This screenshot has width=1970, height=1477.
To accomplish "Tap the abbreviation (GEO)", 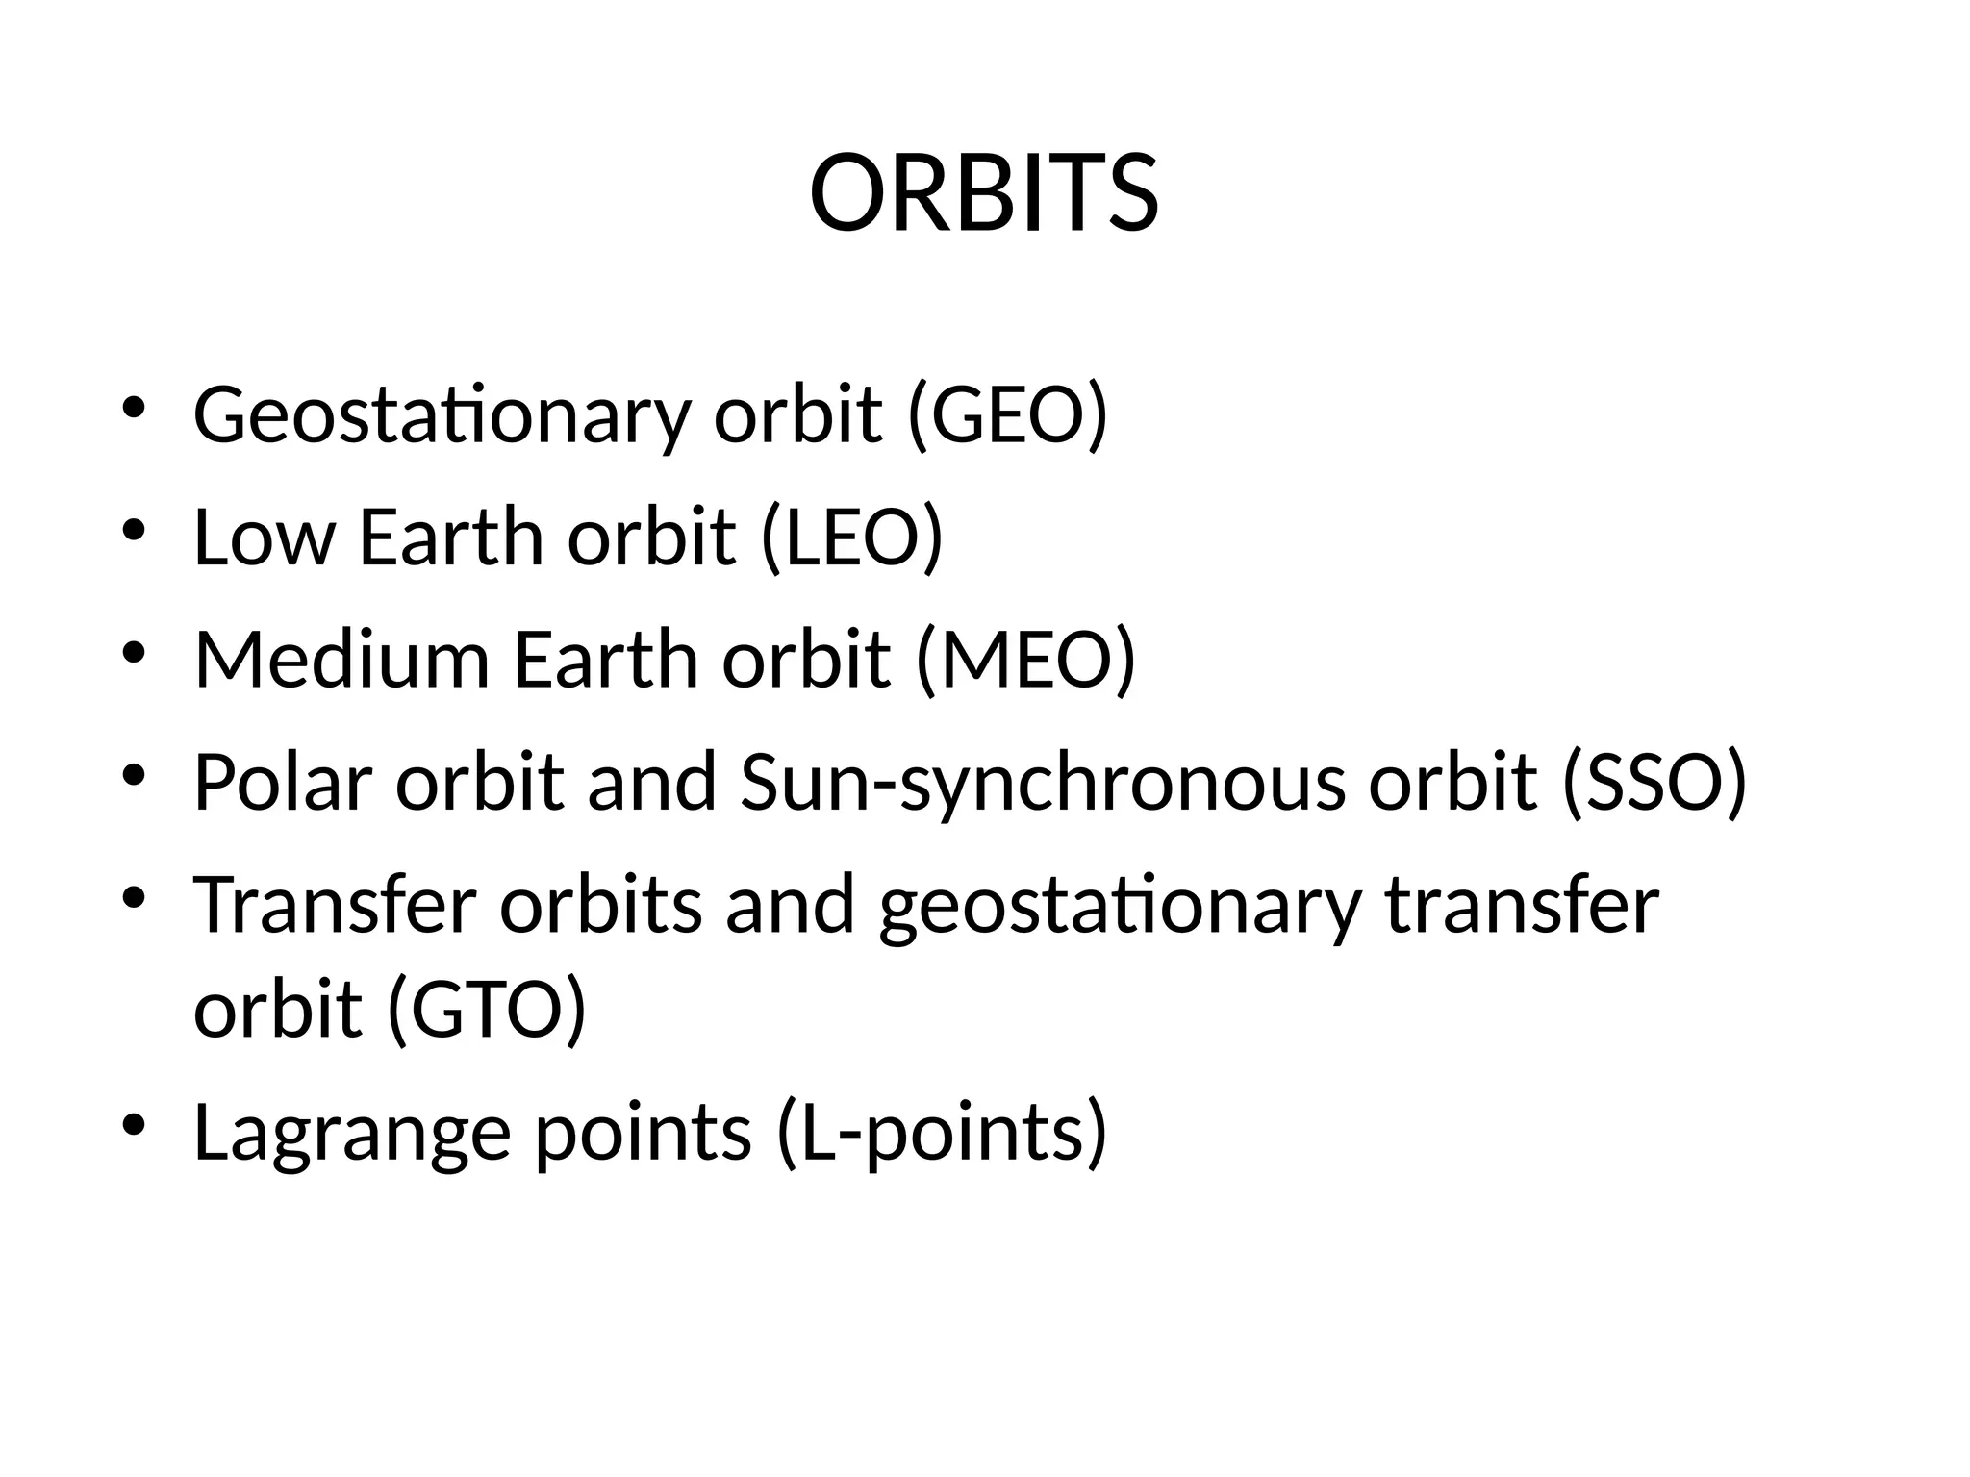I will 1008,414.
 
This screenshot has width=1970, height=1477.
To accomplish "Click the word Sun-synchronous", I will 1043,784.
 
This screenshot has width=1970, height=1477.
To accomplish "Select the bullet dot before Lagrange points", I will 134,1124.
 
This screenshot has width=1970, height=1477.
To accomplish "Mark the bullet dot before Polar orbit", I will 134,774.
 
